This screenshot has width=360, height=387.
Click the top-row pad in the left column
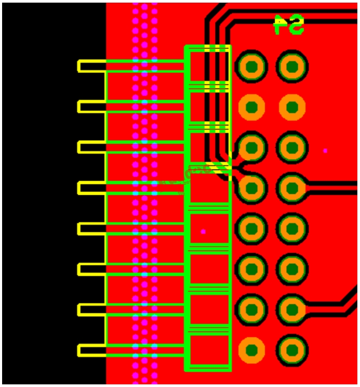[x=251, y=66]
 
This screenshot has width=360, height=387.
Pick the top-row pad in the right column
[x=291, y=66]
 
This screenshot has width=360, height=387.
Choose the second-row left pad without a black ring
[x=251, y=107]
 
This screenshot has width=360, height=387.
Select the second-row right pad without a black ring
[x=291, y=107]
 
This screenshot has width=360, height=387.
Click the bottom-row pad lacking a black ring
[x=251, y=350]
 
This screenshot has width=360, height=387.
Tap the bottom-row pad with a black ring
[x=291, y=350]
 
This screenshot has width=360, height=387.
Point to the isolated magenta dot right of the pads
[x=325, y=151]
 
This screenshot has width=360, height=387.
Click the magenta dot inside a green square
[x=203, y=231]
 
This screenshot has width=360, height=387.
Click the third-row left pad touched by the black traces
[x=251, y=147]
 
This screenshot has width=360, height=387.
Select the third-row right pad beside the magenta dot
[x=291, y=147]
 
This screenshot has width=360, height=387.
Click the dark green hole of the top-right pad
[x=291, y=66]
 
